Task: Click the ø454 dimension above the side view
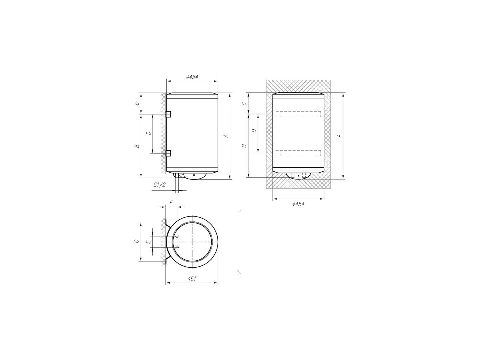pyautogui.click(x=192, y=77)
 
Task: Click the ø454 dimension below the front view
pyautogui.click(x=298, y=204)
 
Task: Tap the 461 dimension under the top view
pyautogui.click(x=192, y=279)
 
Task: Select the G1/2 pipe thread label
pyautogui.click(x=159, y=185)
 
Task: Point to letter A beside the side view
pyautogui.click(x=226, y=136)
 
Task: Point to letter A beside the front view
pyautogui.click(x=339, y=136)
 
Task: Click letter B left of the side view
pyautogui.click(x=137, y=146)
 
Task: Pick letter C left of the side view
pyautogui.click(x=137, y=103)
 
